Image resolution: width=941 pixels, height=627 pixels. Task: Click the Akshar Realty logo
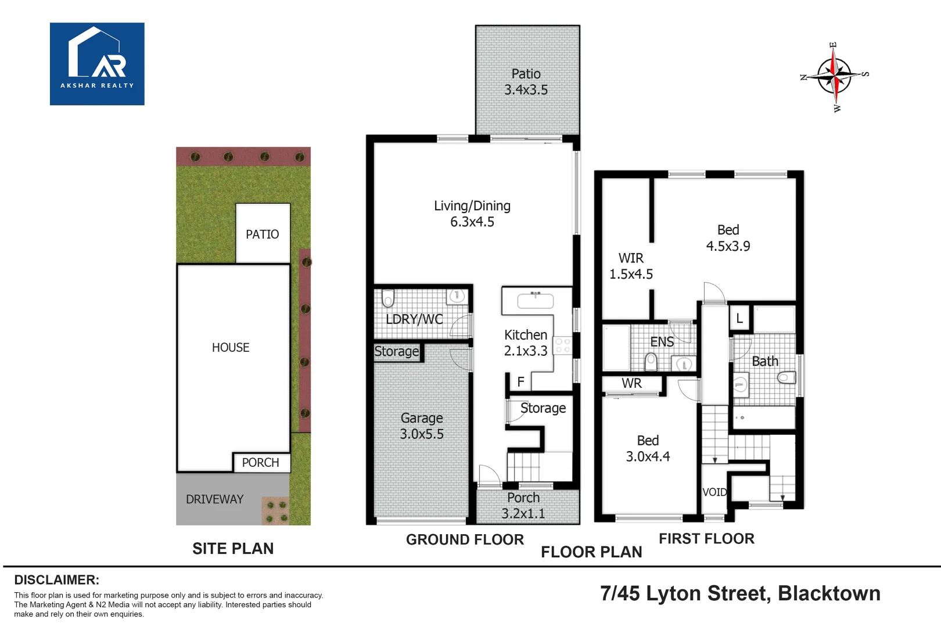pyautogui.click(x=97, y=64)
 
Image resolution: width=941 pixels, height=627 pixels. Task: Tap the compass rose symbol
pyautogui.click(x=835, y=77)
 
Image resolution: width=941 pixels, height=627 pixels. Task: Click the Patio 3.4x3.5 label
pyautogui.click(x=526, y=82)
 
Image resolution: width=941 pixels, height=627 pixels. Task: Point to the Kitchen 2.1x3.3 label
pyautogui.click(x=526, y=343)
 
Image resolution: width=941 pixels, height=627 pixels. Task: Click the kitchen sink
pyautogui.click(x=535, y=300)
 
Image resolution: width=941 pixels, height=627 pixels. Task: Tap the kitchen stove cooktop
pyautogui.click(x=562, y=345)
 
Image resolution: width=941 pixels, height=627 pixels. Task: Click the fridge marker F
pyautogui.click(x=521, y=382)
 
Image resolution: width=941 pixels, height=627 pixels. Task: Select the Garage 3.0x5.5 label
pyautogui.click(x=422, y=426)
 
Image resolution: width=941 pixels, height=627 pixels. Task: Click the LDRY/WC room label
pyautogui.click(x=414, y=319)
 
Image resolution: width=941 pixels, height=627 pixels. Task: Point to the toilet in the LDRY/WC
pyautogui.click(x=388, y=298)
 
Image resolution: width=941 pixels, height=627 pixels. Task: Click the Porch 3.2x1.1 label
pyautogui.click(x=523, y=505)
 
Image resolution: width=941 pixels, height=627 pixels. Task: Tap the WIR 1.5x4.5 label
pyautogui.click(x=631, y=266)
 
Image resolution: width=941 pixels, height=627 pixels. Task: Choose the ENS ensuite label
pyautogui.click(x=662, y=342)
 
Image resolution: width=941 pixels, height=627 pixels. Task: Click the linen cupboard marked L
pyautogui.click(x=740, y=318)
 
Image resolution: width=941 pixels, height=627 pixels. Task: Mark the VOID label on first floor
pyautogui.click(x=714, y=492)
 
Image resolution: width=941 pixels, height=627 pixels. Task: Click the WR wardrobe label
pyautogui.click(x=632, y=383)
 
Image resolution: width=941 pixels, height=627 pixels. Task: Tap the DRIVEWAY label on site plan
pyautogui.click(x=215, y=499)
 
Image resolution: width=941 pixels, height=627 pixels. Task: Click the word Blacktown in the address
pyautogui.click(x=829, y=594)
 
